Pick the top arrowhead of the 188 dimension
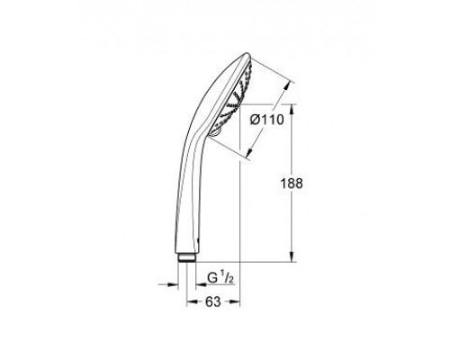click(x=292, y=105)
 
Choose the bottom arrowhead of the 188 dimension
click(x=292, y=258)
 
